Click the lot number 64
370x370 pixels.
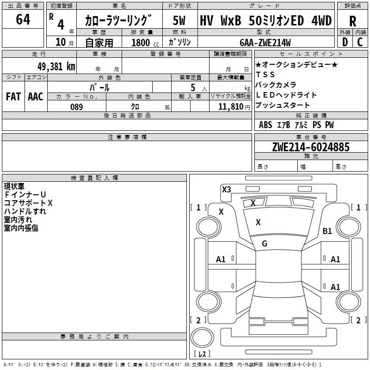click(x=23, y=19)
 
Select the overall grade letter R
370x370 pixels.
click(x=352, y=21)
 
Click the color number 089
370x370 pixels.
click(x=76, y=107)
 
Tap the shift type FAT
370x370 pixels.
click(x=13, y=96)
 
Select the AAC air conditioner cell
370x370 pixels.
click(x=36, y=96)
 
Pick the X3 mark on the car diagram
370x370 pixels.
click(x=226, y=189)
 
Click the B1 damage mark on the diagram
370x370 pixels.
click(x=327, y=231)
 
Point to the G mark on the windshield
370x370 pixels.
click(x=265, y=244)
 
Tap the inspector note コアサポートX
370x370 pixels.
click(x=28, y=203)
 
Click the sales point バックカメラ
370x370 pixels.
click(x=276, y=85)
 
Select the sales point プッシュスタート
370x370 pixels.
click(x=283, y=105)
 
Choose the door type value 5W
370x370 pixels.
click(x=179, y=21)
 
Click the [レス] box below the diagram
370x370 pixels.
click(x=202, y=354)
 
